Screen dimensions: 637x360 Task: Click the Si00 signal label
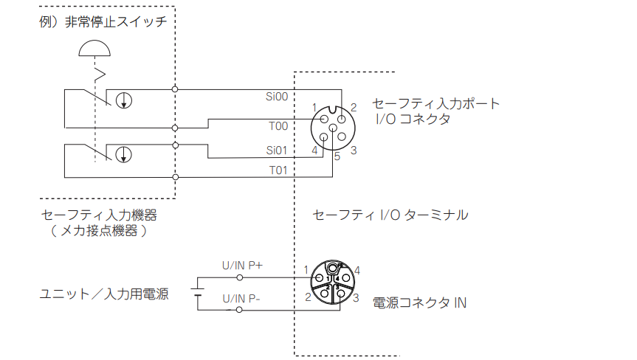pos(277,97)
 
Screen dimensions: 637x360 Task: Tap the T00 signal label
pos(278,126)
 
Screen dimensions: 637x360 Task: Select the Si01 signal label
pos(277,150)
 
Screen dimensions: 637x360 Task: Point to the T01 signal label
pos(278,170)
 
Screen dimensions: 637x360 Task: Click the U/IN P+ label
pos(242,266)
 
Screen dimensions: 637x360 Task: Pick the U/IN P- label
pos(241,299)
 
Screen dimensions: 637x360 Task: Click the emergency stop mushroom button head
pos(94,48)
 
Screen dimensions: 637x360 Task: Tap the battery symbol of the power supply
pos(197,292)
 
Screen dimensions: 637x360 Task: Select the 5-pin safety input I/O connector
pos(333,128)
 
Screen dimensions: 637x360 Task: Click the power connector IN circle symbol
pos(333,282)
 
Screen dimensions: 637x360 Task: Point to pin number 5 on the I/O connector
pos(337,156)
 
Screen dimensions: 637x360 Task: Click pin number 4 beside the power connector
pos(357,270)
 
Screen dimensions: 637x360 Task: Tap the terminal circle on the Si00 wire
pos(175,89)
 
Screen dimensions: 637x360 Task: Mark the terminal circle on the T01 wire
pos(176,177)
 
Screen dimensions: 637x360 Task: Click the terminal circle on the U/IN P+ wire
pos(240,277)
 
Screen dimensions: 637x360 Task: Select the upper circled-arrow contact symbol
pos(124,100)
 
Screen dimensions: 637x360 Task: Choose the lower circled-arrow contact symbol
pos(123,155)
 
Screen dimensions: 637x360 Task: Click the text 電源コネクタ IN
pos(420,302)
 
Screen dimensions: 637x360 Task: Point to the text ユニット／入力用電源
pos(104,294)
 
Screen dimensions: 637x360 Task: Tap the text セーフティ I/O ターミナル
pos(390,215)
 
